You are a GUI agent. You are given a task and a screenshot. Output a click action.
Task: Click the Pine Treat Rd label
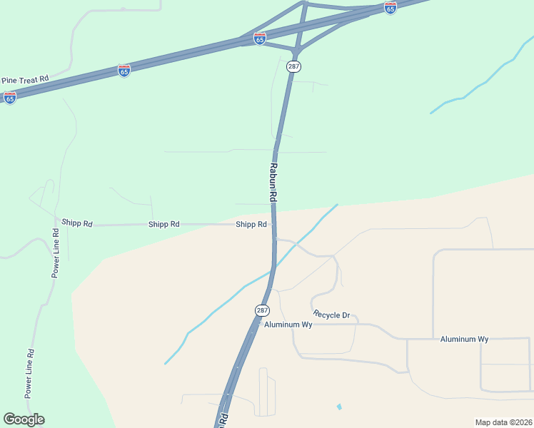[24, 80]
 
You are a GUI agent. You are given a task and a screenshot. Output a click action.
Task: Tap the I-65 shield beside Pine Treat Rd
[10, 98]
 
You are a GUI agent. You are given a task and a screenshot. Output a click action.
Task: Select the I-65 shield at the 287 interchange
[260, 39]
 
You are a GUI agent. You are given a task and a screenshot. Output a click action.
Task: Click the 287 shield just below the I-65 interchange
[294, 66]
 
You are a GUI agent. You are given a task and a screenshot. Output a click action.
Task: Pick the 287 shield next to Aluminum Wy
[263, 310]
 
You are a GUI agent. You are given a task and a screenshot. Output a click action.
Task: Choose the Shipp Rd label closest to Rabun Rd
[251, 224]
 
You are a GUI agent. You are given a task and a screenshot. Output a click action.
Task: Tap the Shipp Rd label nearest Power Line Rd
[77, 223]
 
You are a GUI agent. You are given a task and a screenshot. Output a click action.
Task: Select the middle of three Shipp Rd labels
[163, 224]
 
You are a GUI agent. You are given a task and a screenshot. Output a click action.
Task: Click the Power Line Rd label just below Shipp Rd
[56, 253]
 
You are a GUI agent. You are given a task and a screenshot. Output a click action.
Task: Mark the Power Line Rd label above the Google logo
[29, 373]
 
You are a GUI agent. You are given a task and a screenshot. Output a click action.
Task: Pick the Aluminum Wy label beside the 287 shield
[288, 325]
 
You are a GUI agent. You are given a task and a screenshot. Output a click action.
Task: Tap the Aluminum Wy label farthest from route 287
[464, 339]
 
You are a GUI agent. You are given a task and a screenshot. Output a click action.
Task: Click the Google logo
[24, 419]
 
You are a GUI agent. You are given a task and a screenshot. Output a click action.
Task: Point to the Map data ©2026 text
[504, 422]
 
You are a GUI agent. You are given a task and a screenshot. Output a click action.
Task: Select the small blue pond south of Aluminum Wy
[339, 407]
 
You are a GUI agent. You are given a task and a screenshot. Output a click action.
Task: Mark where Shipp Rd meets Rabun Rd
[273, 224]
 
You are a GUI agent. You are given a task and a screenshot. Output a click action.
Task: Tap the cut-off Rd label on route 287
[223, 419]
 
